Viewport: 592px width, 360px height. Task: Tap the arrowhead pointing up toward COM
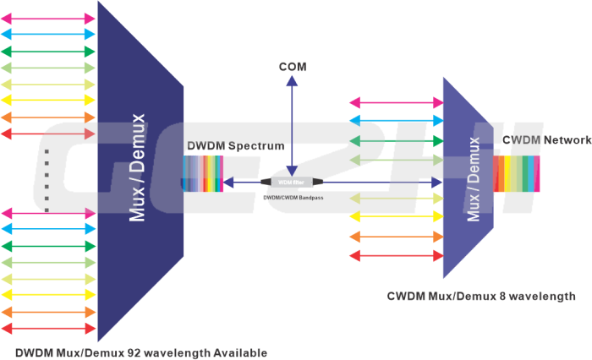(291, 80)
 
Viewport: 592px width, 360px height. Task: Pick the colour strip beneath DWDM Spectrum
(202, 174)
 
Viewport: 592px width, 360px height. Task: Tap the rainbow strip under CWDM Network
(515, 173)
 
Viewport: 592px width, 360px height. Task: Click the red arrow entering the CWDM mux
(397, 255)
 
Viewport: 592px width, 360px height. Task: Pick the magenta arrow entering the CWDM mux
(397, 101)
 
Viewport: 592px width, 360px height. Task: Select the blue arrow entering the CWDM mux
(397, 121)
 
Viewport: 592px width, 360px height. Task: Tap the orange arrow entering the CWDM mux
(397, 236)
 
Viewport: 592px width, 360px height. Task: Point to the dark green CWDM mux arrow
(397, 140)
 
